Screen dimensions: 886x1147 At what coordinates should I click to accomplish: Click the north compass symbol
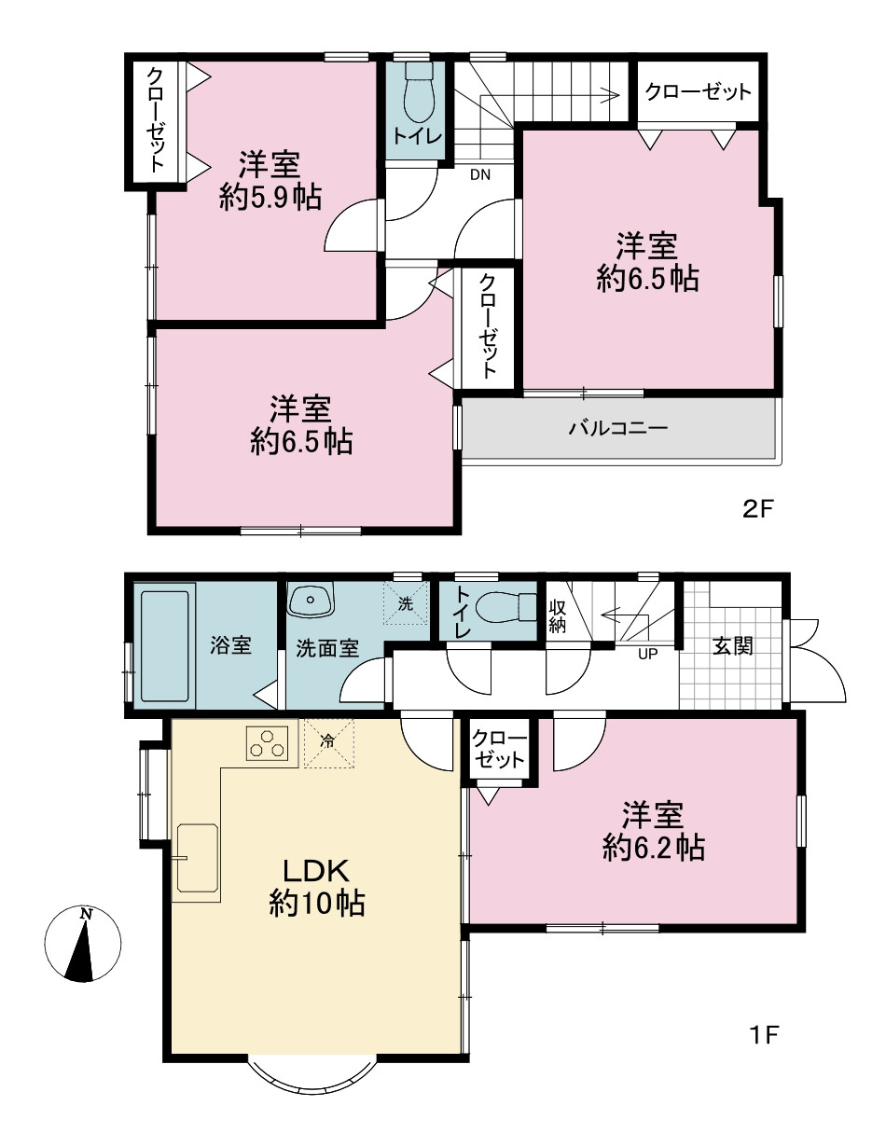[x=83, y=944]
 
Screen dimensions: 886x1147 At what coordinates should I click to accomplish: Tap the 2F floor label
[x=757, y=510]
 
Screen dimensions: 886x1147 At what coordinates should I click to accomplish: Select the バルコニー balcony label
[x=618, y=427]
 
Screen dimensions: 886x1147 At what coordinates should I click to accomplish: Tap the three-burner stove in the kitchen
[x=267, y=743]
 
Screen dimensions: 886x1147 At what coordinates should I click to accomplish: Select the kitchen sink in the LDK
[x=198, y=858]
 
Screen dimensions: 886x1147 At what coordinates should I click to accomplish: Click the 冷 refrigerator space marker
[x=327, y=741]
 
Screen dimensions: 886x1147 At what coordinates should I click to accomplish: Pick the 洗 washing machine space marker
[x=406, y=603]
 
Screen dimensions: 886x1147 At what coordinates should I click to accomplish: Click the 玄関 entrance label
[x=732, y=646]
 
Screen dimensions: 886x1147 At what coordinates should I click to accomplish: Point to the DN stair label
[x=480, y=175]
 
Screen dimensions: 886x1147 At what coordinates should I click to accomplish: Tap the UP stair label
[x=648, y=654]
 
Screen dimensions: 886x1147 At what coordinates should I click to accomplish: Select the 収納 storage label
[x=557, y=616]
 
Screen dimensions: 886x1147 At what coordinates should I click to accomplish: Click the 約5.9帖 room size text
[x=270, y=199]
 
